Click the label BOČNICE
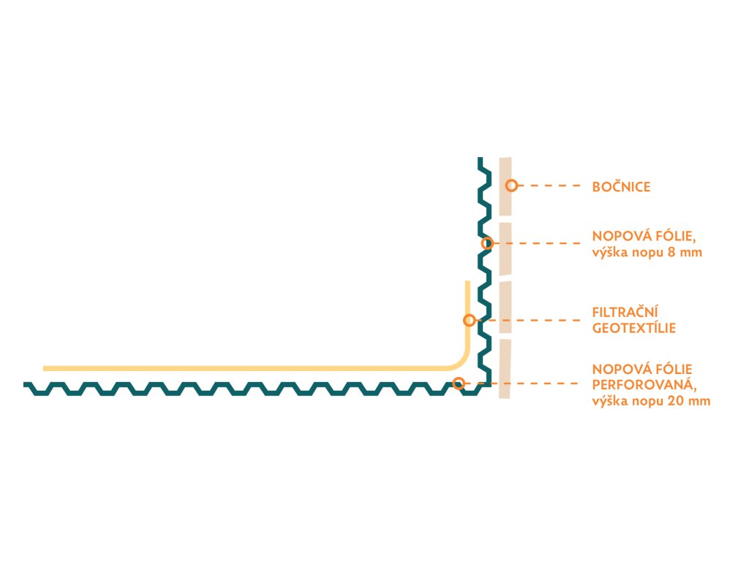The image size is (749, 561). [621, 187]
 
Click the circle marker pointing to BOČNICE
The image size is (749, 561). [511, 186]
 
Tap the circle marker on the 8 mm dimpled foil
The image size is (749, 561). [486, 243]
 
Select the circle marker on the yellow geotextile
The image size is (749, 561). [470, 320]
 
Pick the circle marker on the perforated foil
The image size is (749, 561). [459, 382]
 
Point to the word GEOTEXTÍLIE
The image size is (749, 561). [633, 329]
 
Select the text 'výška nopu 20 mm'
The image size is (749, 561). [651, 400]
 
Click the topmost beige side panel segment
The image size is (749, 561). [505, 186]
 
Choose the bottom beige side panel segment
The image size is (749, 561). [505, 369]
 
